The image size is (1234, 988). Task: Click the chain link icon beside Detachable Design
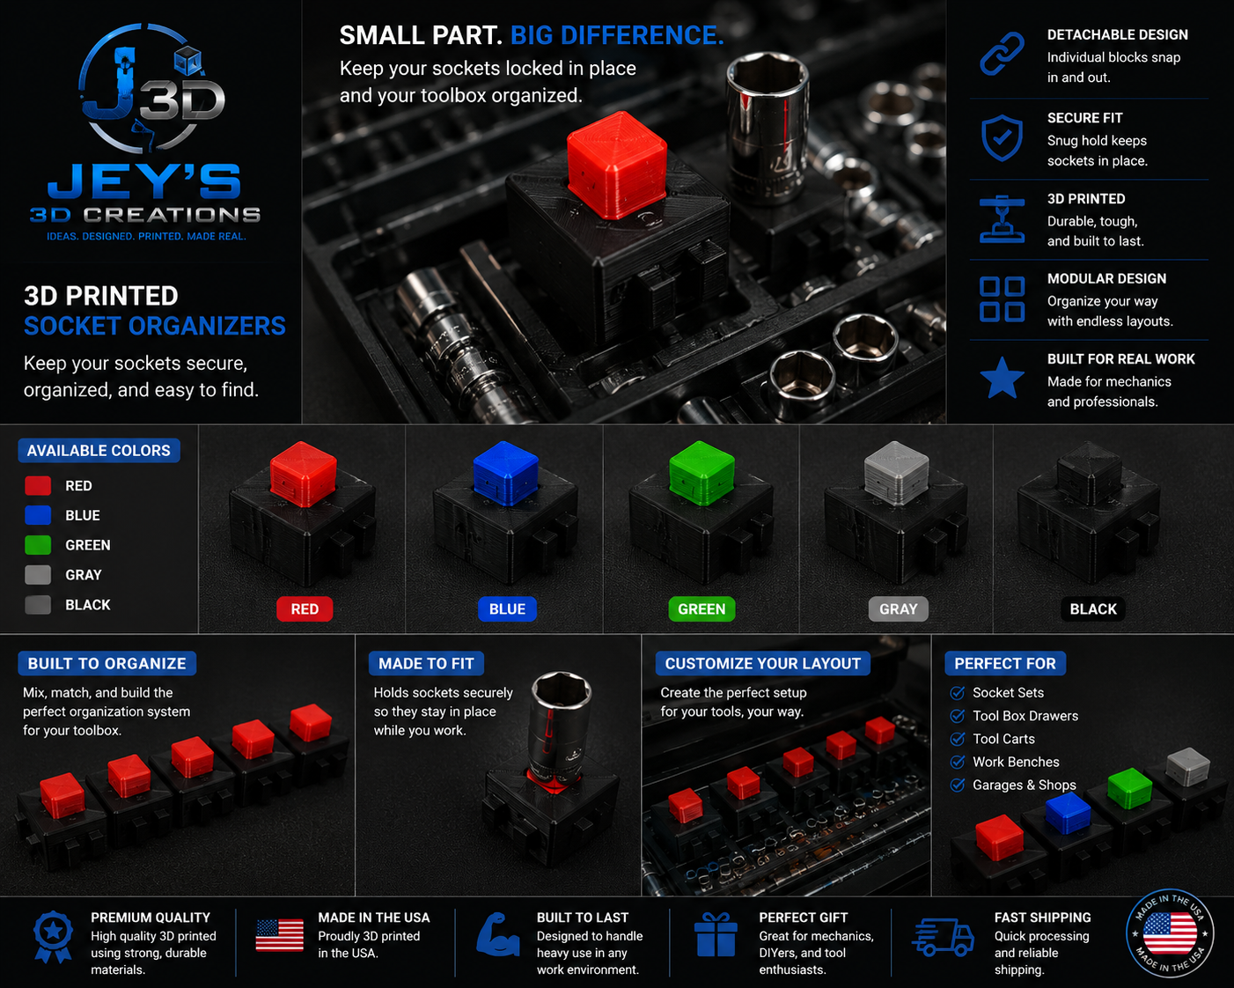pos(1002,54)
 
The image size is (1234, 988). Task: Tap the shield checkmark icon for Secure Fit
pos(1002,137)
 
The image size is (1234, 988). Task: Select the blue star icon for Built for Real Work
pos(1002,378)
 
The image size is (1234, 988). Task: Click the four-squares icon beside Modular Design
pos(1002,299)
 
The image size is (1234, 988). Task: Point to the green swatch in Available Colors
pos(38,544)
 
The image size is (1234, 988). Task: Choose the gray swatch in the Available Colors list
pos(38,574)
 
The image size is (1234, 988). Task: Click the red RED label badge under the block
pos(305,608)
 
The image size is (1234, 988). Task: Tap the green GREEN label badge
pos(701,608)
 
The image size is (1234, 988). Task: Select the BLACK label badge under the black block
pos(1093,608)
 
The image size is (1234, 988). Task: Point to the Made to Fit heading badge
pos(426,663)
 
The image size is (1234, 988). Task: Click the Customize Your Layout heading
pos(762,663)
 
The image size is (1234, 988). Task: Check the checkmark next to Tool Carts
pos(957,739)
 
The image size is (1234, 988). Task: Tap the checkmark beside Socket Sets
pos(957,692)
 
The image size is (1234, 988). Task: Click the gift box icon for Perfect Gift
pos(716,934)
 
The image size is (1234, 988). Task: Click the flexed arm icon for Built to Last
pos(497,934)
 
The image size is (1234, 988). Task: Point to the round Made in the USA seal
pos(1170,933)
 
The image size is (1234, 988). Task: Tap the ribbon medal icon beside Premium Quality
pos(53,936)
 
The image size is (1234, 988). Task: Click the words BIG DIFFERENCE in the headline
pos(617,35)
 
